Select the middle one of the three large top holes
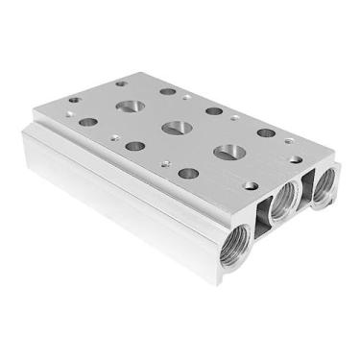point(175,128)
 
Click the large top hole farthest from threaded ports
point(125,106)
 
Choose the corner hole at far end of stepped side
point(74,99)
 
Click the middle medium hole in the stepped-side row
point(135,147)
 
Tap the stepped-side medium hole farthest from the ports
point(88,122)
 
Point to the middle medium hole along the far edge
point(214,110)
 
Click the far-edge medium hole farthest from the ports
point(168,92)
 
